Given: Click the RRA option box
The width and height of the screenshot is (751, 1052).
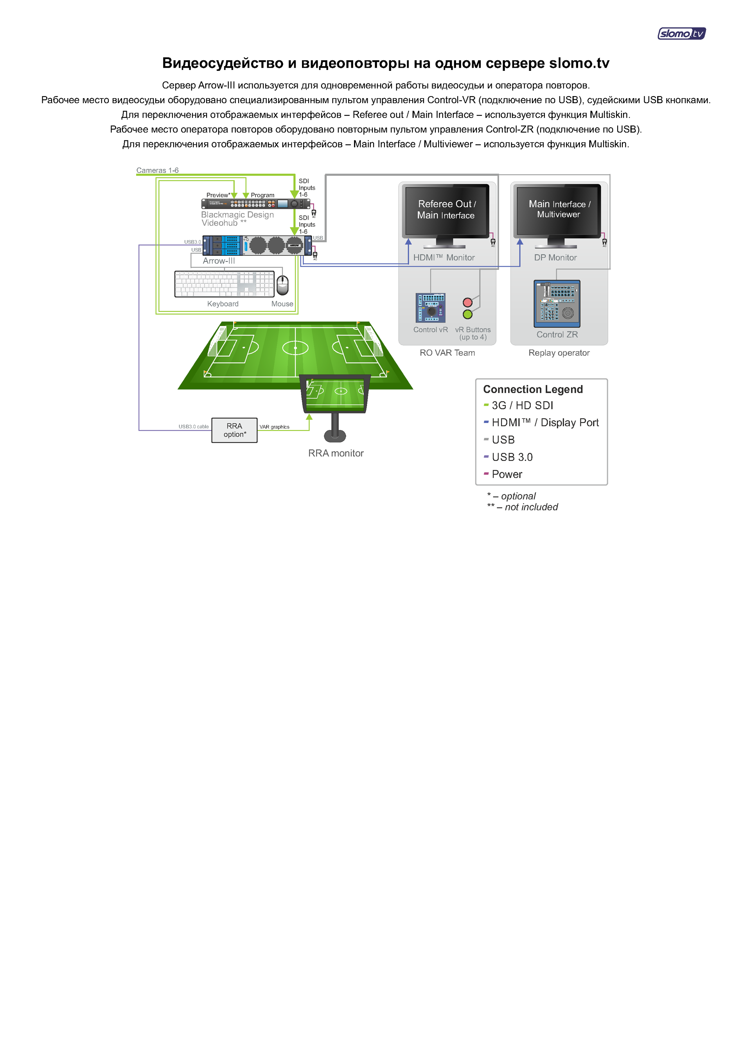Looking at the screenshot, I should coord(234,430).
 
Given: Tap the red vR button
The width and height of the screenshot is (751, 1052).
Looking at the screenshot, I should coord(467,302).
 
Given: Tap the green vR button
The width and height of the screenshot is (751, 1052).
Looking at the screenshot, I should coord(467,314).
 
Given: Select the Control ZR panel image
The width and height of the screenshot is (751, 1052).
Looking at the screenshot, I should coord(557,303).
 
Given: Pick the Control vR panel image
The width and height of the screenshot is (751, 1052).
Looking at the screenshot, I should coord(430,307).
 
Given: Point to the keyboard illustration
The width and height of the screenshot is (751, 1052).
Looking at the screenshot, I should coord(224,284).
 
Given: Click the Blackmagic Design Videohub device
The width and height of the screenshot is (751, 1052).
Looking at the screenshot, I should coord(256,204).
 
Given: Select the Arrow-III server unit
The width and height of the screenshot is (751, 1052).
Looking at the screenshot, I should coord(257,246).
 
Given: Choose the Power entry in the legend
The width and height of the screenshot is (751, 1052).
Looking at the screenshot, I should coord(507,474).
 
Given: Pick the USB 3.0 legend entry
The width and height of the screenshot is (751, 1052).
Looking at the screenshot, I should coord(512,457).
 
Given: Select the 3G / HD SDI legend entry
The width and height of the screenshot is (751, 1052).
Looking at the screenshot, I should coord(522,405).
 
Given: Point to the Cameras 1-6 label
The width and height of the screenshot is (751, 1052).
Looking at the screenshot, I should coord(157,170).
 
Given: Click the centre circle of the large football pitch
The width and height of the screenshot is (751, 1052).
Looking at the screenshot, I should coord(295,348).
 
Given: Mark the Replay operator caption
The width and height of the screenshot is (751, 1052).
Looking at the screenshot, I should coord(559,353).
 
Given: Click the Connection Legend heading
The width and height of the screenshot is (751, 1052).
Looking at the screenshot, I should coord(533,389).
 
